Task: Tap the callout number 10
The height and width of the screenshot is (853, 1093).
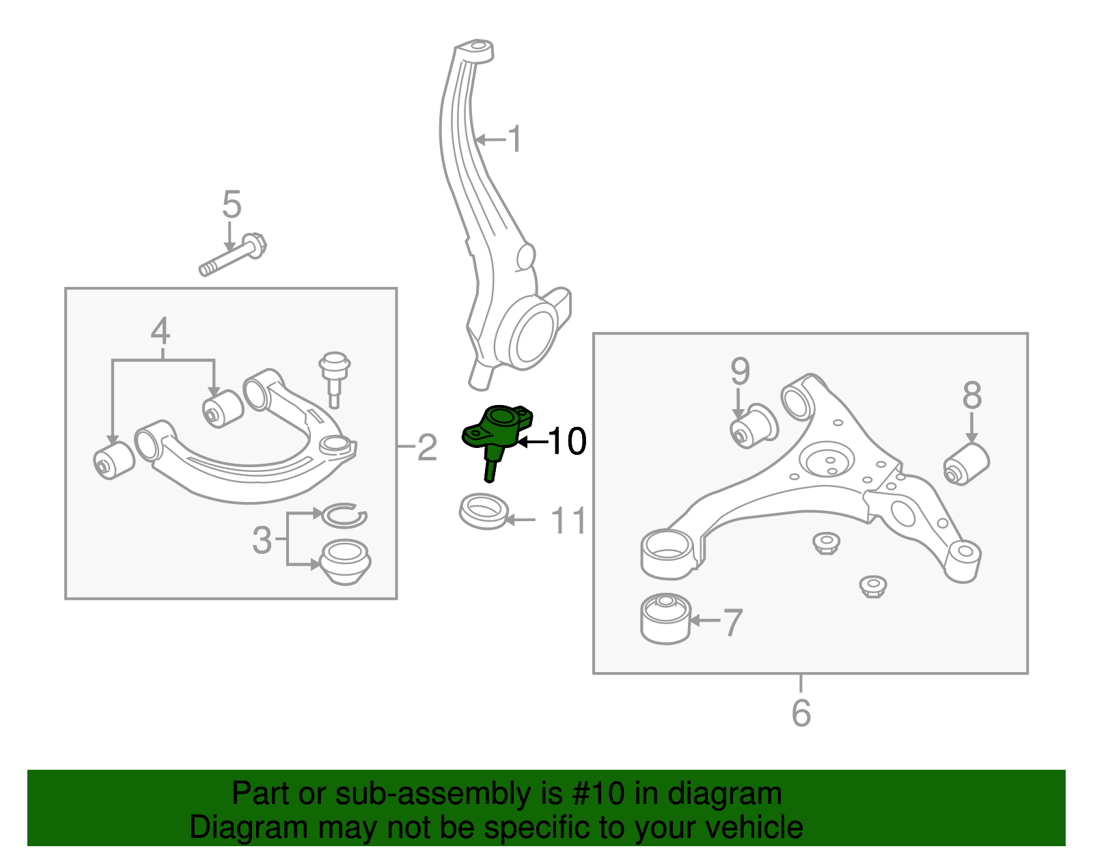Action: (x=567, y=442)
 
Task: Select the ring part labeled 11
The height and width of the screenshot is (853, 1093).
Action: (x=483, y=511)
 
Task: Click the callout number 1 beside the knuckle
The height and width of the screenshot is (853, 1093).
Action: (x=516, y=139)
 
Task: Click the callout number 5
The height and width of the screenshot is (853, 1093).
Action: (x=232, y=204)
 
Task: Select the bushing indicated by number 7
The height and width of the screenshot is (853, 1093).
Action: (x=665, y=618)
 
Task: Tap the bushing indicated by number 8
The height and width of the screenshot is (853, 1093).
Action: (x=967, y=464)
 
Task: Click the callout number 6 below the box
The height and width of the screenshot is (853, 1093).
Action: (x=801, y=713)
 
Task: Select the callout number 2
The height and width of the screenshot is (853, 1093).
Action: (x=427, y=447)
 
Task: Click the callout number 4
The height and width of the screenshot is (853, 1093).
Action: (x=160, y=331)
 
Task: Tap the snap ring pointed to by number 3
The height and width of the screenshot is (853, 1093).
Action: (x=344, y=516)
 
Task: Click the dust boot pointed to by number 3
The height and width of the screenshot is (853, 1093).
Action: (x=346, y=562)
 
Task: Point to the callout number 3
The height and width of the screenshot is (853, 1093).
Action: (x=262, y=540)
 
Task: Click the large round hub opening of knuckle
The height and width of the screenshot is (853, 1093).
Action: (x=534, y=335)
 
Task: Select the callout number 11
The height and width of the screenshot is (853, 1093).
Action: (x=568, y=521)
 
